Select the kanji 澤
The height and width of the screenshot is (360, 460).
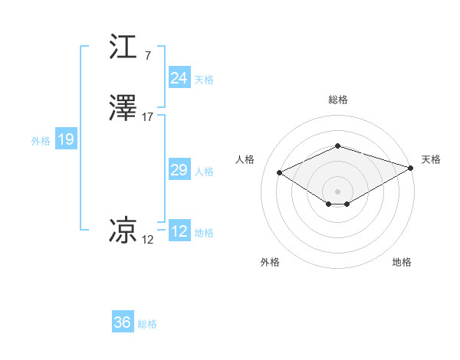pyautogui.click(x=123, y=109)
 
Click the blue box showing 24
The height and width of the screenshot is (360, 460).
pyautogui.click(x=179, y=78)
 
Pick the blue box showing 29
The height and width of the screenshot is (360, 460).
pyautogui.click(x=179, y=170)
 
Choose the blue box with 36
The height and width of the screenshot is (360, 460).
pyautogui.click(x=123, y=322)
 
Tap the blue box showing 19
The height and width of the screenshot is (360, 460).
pyautogui.click(x=65, y=140)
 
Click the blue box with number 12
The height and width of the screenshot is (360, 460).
pyautogui.click(x=179, y=232)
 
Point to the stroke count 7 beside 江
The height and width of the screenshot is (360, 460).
pyautogui.click(x=147, y=55)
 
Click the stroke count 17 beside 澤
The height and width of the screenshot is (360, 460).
pyautogui.click(x=148, y=117)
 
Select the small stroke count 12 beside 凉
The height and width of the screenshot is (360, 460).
pyautogui.click(x=148, y=240)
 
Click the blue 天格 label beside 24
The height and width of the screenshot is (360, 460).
pyautogui.click(x=204, y=79)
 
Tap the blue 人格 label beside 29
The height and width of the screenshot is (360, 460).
pyautogui.click(x=204, y=171)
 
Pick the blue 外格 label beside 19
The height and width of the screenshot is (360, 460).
pyautogui.click(x=41, y=141)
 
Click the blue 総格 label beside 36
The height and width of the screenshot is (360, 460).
pyautogui.click(x=147, y=323)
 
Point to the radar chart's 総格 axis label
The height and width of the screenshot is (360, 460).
pyautogui.click(x=338, y=100)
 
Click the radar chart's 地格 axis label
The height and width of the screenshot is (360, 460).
pyautogui.click(x=402, y=262)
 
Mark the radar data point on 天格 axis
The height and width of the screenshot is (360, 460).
pyautogui.click(x=412, y=168)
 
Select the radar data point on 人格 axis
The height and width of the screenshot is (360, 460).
pyautogui.click(x=280, y=172)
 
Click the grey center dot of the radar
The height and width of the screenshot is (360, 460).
pyautogui.click(x=338, y=191)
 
